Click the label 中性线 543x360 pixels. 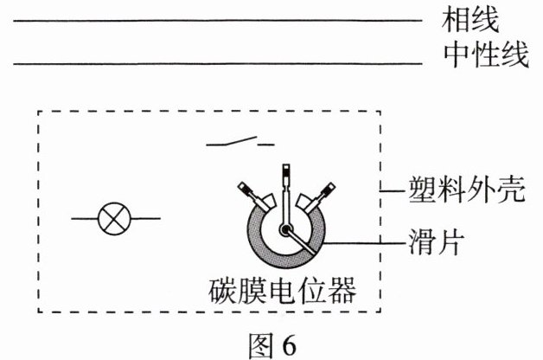pos(484,57)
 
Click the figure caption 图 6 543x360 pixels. pos(271,343)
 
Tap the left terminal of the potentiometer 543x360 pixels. pos(246,191)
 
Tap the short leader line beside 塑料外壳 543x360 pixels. pos(393,190)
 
